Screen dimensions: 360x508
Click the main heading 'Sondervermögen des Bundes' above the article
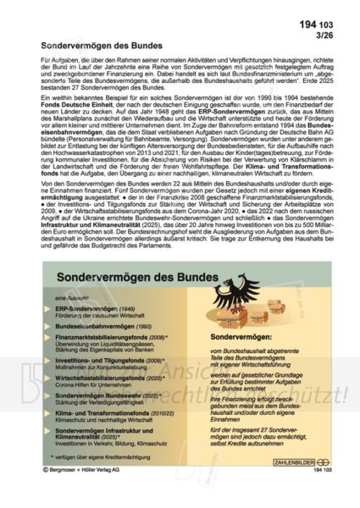[x=108, y=39]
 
